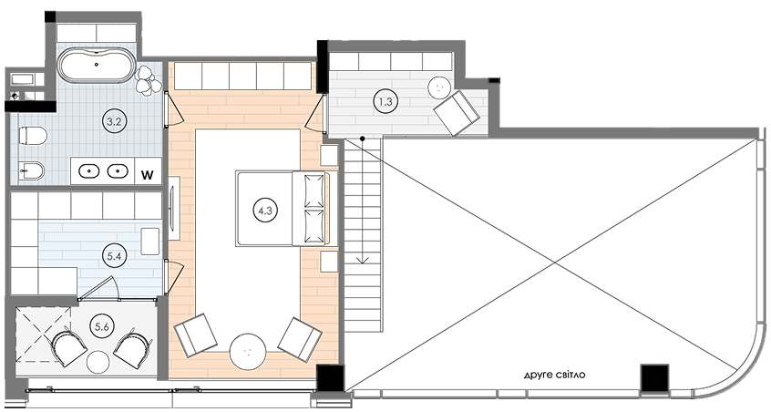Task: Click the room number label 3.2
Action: point(114,121)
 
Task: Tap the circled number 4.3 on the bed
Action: point(265,211)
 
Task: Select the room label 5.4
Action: point(114,255)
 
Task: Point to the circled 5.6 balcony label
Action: point(101,327)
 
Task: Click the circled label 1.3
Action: point(385,102)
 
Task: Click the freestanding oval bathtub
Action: point(97,66)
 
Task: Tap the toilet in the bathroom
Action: point(33,135)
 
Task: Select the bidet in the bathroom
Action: point(32,171)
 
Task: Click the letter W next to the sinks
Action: point(148,174)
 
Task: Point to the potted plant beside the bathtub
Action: point(148,79)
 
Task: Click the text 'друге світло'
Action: point(554,376)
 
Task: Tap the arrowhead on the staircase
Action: point(363,260)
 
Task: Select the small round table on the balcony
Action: point(98,363)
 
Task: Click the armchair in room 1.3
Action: point(456,112)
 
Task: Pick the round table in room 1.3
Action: point(439,88)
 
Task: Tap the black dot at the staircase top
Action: point(362,139)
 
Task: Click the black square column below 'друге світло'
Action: point(654,377)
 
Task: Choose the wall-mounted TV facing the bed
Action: point(174,209)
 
